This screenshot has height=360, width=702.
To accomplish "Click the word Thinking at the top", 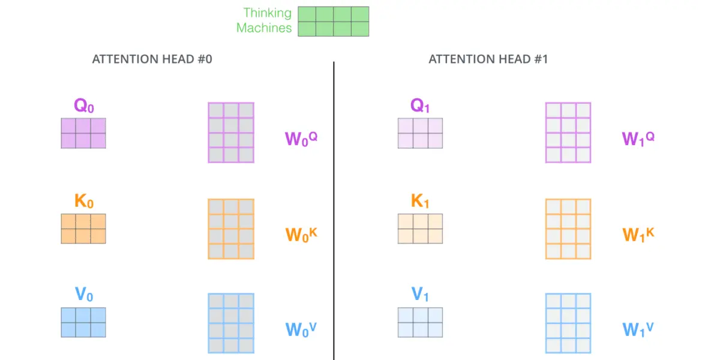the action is point(267,13).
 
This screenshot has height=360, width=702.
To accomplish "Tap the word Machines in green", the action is point(264,28).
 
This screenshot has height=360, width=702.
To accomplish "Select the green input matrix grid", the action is point(334,21).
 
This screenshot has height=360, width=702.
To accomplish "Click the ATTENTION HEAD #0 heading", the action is point(152,59).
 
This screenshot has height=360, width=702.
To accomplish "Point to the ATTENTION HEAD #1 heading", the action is point(488,59).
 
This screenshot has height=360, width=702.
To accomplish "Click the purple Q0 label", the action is point(84,106).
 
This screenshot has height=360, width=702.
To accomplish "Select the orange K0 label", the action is point(84,201).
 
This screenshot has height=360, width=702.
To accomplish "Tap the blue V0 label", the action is point(84,294).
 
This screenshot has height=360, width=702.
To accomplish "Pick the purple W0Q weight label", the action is point(301,139).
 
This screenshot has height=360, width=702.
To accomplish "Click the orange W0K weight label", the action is point(301,234).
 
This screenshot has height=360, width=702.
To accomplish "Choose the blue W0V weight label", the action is point(301,329).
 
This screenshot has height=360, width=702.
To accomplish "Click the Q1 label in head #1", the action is point(420,106).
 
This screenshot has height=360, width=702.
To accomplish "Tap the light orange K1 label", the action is point(420,201).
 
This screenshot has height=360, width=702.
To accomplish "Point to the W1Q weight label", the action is point(638,139).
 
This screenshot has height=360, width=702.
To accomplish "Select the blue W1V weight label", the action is point(638,329).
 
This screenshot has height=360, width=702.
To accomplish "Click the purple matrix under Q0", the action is point(83,133).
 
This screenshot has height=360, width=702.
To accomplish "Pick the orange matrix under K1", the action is point(420,229).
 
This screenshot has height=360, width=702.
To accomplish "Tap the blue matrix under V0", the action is point(83,322).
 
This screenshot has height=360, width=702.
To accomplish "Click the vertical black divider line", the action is point(334,211).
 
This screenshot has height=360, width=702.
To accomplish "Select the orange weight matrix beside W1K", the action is point(568,229).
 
